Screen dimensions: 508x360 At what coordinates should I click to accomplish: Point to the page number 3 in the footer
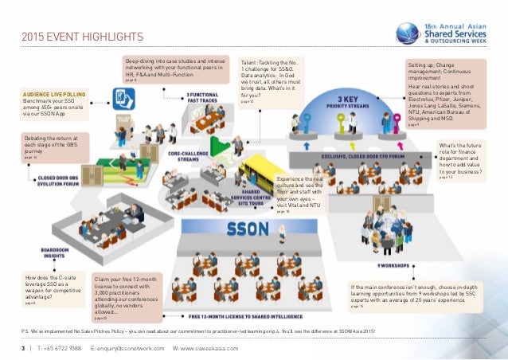23,349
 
